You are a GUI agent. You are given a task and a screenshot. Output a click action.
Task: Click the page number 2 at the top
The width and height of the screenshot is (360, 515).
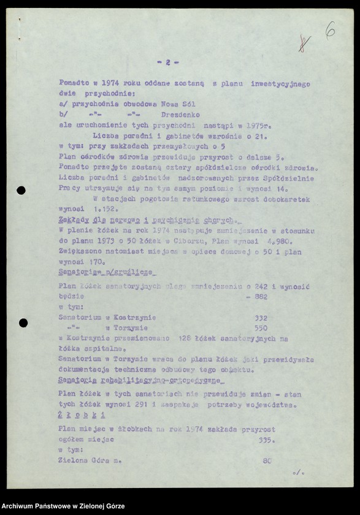coord(167,63)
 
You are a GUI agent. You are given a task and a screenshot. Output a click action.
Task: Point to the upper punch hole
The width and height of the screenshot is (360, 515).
coord(21,191)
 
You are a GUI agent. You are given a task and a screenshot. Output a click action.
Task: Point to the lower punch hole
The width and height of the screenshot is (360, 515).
coord(23,322)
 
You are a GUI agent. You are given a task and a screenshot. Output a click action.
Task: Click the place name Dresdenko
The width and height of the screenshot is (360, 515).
coord(180,114)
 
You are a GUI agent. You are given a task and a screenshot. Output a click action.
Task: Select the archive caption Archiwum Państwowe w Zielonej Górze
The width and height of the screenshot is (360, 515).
coord(63,506)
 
